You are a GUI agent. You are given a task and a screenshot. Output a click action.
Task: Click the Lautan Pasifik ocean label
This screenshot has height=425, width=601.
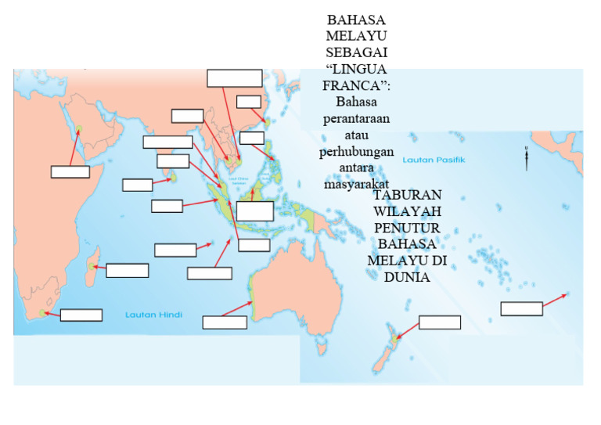tap(434, 160)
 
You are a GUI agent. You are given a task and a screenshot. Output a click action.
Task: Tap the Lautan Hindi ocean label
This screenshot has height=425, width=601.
tap(153, 315)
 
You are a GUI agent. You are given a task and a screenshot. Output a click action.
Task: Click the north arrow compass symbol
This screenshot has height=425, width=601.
tap(527, 157)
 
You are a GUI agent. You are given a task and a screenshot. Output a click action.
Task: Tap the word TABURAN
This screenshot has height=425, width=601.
tap(408, 195)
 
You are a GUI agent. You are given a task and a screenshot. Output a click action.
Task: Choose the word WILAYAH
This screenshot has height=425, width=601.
tap(408, 212)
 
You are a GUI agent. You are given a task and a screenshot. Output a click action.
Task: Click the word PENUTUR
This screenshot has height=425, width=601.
tap(408, 229)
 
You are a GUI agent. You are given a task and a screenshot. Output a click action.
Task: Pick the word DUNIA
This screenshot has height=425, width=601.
tap(407, 276)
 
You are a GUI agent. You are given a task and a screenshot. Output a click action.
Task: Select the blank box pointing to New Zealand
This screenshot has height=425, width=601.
tap(439, 322)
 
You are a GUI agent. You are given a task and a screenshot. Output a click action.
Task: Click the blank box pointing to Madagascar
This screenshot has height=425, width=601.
tap(127, 271)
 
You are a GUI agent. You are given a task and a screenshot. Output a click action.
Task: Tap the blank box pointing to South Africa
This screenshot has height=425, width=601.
tap(81, 315)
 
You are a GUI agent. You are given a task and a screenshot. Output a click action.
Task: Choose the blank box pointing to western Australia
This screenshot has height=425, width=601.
tap(225, 322)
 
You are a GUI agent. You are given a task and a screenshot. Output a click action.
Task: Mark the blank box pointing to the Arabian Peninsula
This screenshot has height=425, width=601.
tap(70, 172)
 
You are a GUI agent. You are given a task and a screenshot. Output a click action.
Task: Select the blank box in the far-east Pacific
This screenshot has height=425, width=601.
tap(521, 308)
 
